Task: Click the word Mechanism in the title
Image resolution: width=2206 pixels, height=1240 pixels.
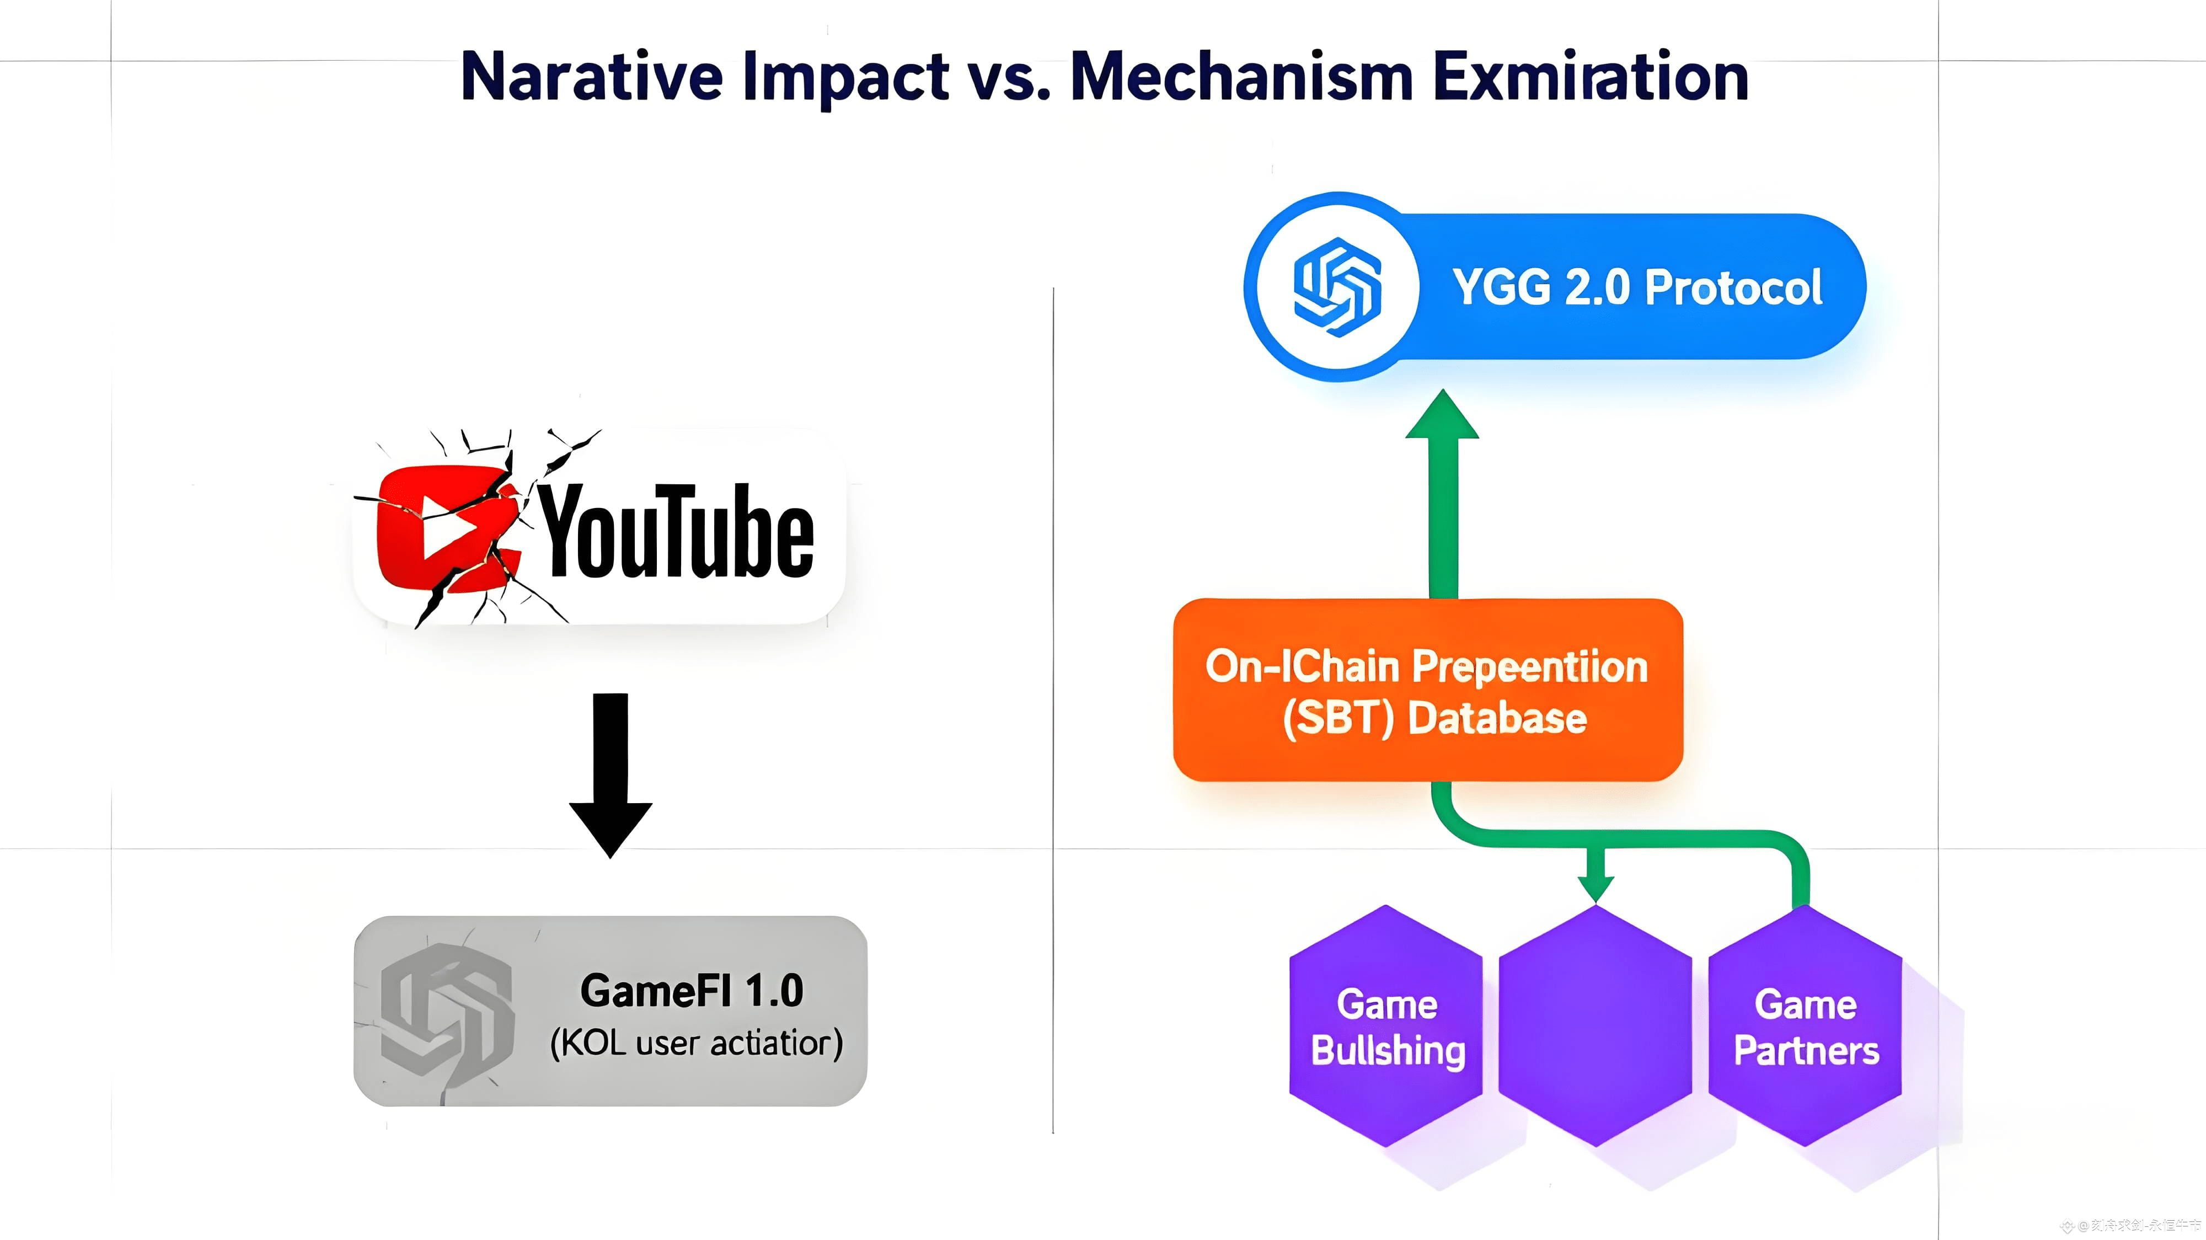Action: (1242, 77)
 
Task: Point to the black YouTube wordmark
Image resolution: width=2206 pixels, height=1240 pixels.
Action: (677, 531)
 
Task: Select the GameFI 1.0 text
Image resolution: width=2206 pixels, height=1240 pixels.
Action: (692, 991)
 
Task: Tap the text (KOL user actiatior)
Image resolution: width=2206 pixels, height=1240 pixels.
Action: (696, 1043)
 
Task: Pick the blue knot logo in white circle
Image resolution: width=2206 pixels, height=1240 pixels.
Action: (1337, 287)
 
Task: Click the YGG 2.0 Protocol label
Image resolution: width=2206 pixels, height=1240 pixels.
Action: (1637, 287)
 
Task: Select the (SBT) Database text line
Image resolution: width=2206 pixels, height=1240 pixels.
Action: (1434, 718)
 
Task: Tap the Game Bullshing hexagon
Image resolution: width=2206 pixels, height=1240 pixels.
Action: (1386, 1026)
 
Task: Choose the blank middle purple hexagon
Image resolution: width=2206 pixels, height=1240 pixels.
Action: (1595, 1026)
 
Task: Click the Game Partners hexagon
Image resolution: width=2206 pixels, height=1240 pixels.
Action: (1805, 1026)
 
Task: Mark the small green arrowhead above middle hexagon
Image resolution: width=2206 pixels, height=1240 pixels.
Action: (1596, 888)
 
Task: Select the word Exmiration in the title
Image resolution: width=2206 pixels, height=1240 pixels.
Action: (1591, 77)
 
